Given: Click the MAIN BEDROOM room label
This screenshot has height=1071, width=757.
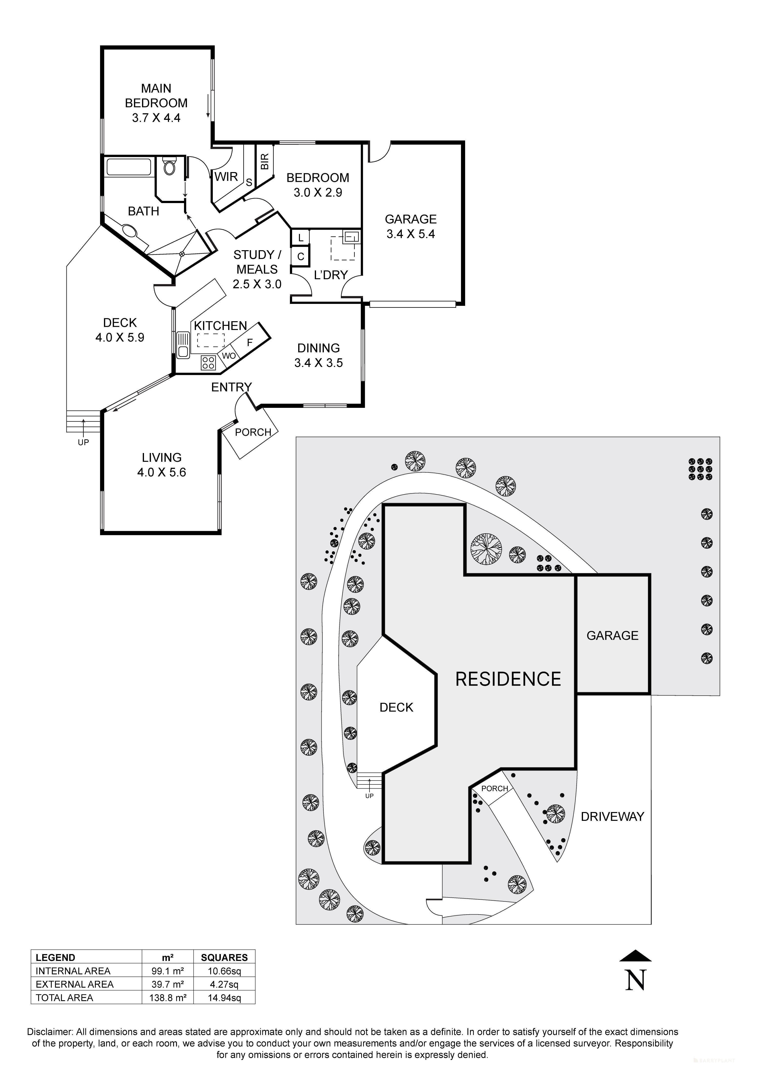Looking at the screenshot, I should tap(156, 103).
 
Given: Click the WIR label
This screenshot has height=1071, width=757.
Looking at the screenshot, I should tap(226, 177).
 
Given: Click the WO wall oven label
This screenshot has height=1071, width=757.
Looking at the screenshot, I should tap(229, 356).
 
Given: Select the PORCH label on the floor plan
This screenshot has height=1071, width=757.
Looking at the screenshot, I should tap(253, 433).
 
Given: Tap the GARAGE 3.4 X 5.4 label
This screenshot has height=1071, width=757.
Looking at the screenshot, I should tap(410, 227).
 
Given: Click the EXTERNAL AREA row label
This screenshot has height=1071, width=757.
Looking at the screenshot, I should tap(75, 984).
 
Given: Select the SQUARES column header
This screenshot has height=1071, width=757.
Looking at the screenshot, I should tap(224, 958).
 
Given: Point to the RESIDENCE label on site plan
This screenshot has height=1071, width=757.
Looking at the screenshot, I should tap(508, 679).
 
